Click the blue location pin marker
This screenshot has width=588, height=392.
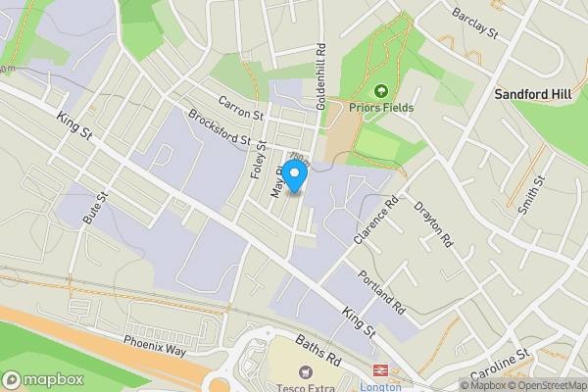[x=295, y=173]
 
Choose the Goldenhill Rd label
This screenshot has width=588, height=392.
[x=319, y=74]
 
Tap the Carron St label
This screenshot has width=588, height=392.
[x=241, y=108]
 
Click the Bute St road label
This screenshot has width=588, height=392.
[x=94, y=207]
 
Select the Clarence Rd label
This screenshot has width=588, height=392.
[x=378, y=220]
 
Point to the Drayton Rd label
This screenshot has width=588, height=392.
[x=434, y=224]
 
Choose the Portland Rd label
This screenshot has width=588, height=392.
[x=381, y=291]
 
